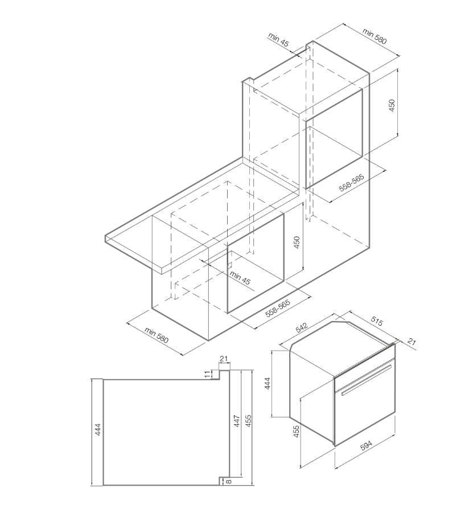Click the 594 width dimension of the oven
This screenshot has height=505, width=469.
[365, 446]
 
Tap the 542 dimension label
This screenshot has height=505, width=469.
[302, 327]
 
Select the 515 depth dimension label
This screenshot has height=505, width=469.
[377, 321]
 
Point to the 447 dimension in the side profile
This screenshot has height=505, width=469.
[237, 421]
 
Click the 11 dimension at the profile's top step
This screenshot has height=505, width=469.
[208, 374]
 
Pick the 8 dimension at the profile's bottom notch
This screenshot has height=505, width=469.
[229, 482]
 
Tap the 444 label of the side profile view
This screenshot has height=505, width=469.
[98, 430]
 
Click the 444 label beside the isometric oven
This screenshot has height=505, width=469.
[267, 384]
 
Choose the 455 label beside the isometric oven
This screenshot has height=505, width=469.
[296, 432]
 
